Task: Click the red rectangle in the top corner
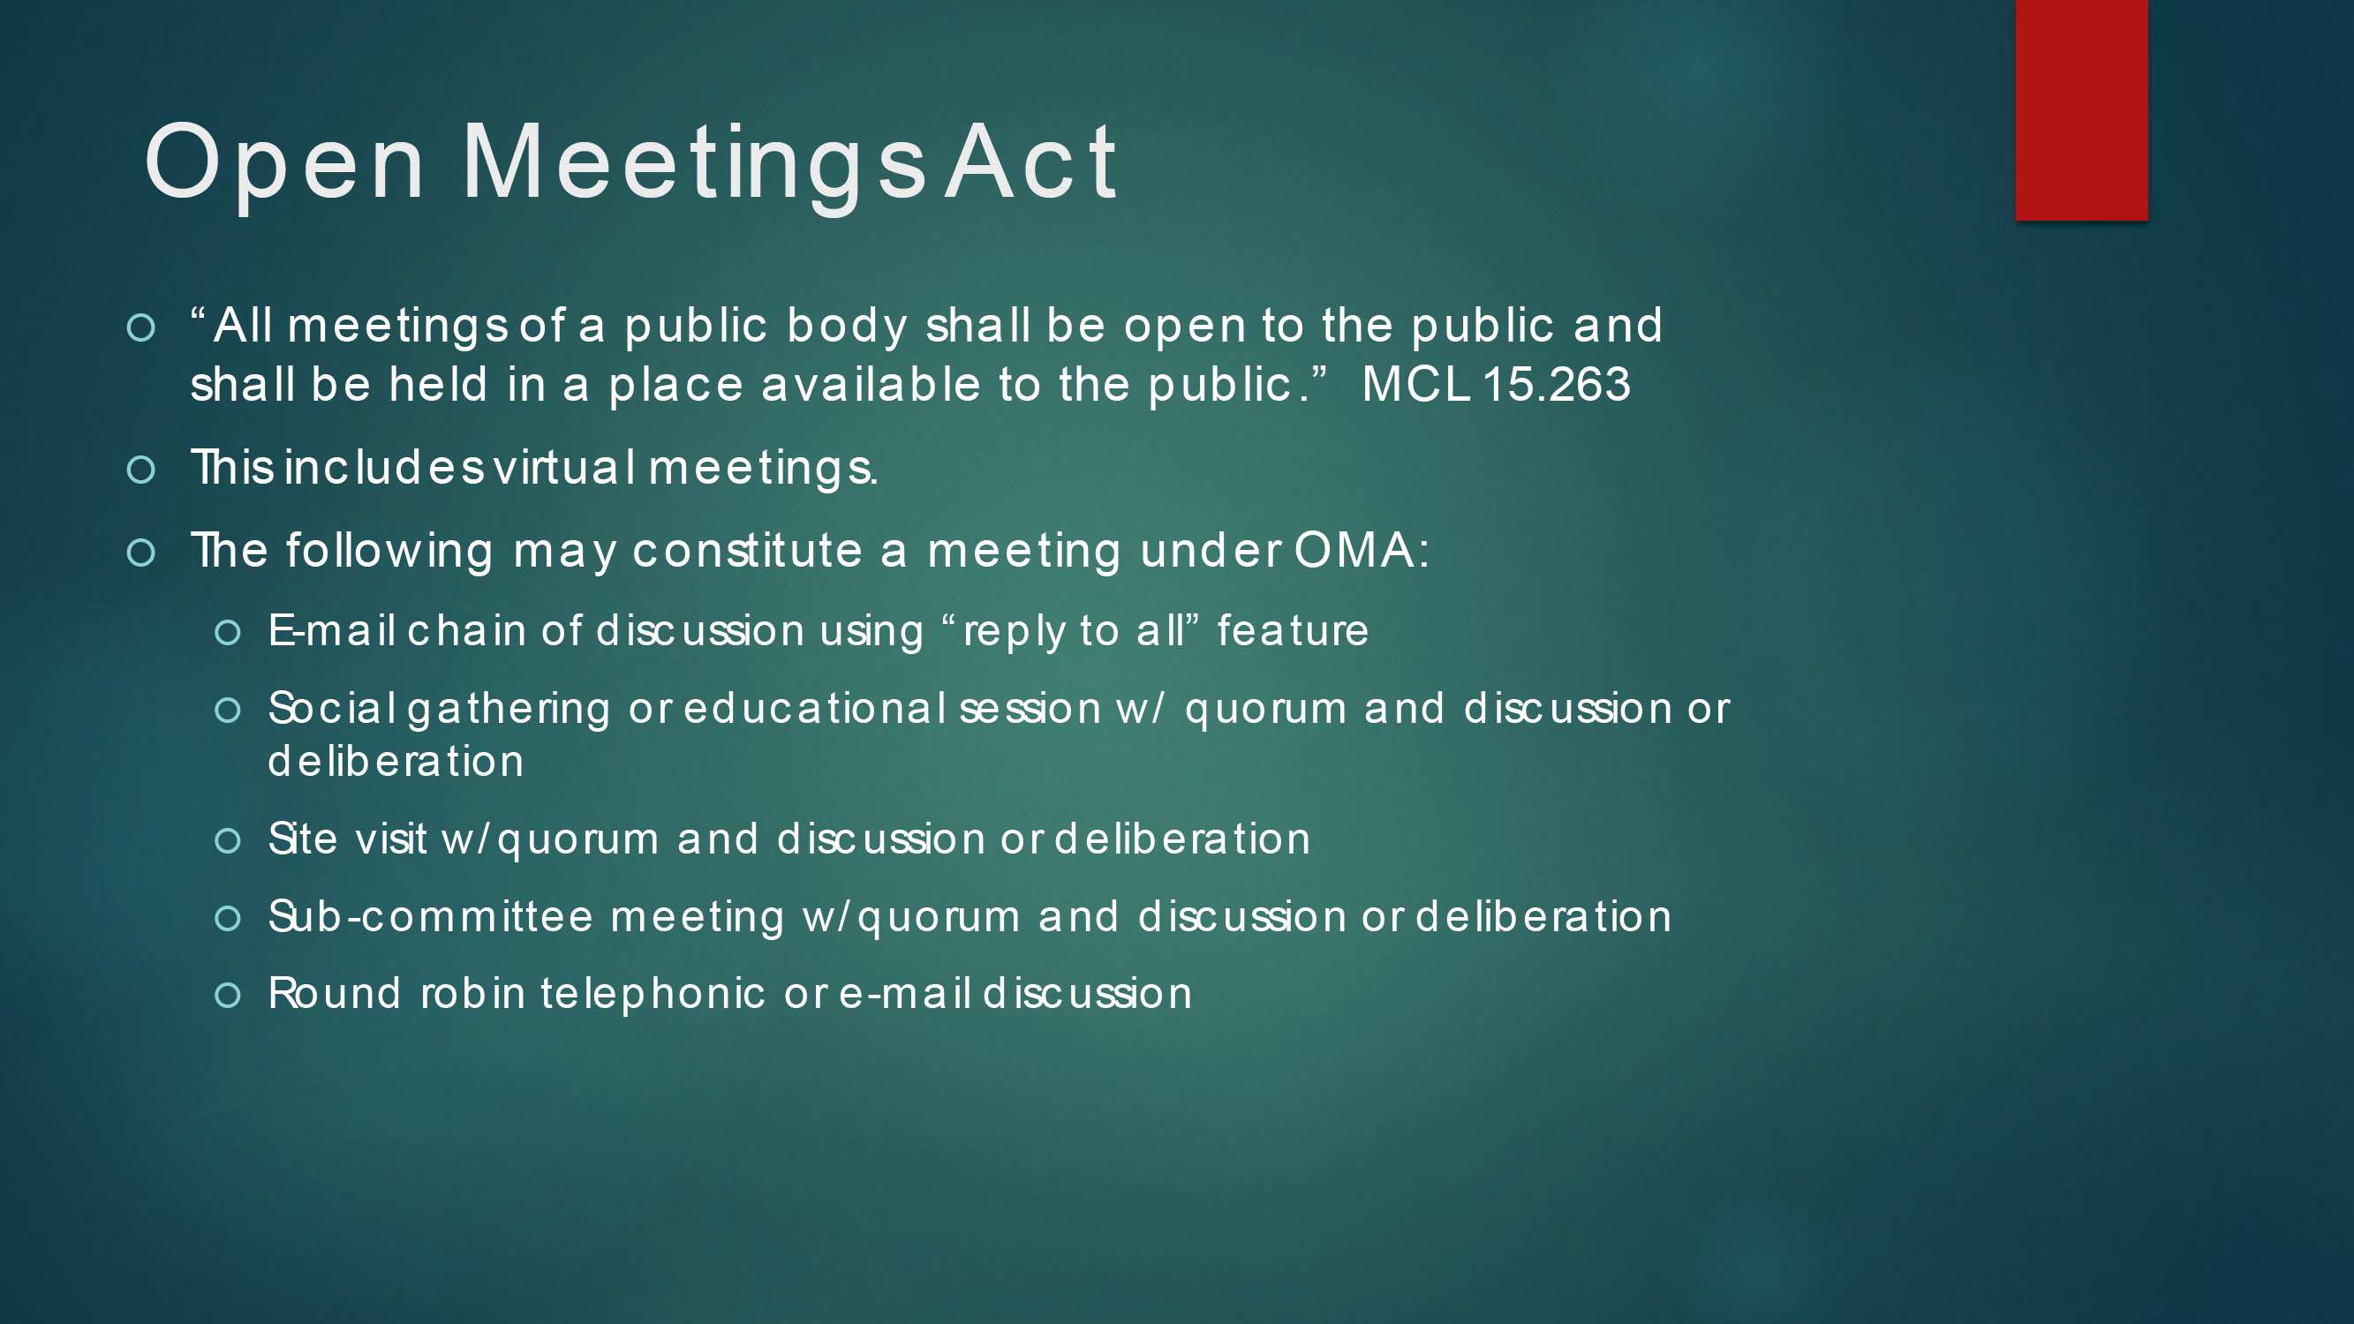(2082, 109)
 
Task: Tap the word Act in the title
(1030, 162)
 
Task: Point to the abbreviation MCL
(1415, 384)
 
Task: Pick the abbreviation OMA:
(1362, 550)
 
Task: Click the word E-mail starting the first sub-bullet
(332, 630)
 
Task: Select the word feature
(1293, 630)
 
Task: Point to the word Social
(332, 708)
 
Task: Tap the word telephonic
(653, 994)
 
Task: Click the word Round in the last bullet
(335, 993)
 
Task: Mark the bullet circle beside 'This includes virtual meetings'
(140, 470)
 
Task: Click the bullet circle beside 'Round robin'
(228, 995)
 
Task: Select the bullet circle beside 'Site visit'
(228, 840)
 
